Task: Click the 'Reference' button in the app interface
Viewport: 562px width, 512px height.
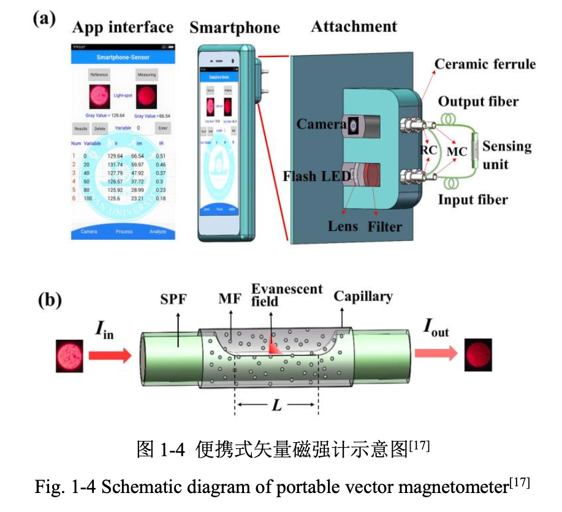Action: point(99,75)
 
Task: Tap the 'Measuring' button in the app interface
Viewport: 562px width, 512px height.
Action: point(146,75)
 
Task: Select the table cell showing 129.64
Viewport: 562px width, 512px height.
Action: point(115,156)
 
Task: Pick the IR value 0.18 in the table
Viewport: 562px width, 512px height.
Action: point(161,199)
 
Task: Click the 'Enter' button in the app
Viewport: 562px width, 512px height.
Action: point(162,128)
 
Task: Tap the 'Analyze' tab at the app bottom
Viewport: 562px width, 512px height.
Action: point(158,232)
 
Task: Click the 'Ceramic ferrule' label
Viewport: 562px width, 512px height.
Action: point(485,64)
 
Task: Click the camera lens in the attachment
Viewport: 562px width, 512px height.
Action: point(354,126)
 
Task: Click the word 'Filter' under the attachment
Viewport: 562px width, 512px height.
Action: point(385,227)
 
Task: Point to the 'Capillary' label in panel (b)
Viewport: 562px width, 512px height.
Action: point(363,297)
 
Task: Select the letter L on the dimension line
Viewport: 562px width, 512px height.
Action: point(276,405)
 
